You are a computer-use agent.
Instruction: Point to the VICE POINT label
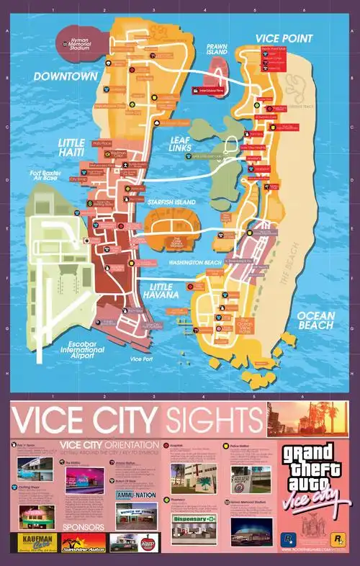[x=284, y=38]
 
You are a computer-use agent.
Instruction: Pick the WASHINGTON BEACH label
[x=197, y=262]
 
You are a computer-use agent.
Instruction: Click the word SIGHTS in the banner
[x=212, y=419]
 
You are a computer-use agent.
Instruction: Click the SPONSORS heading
[x=83, y=526]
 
